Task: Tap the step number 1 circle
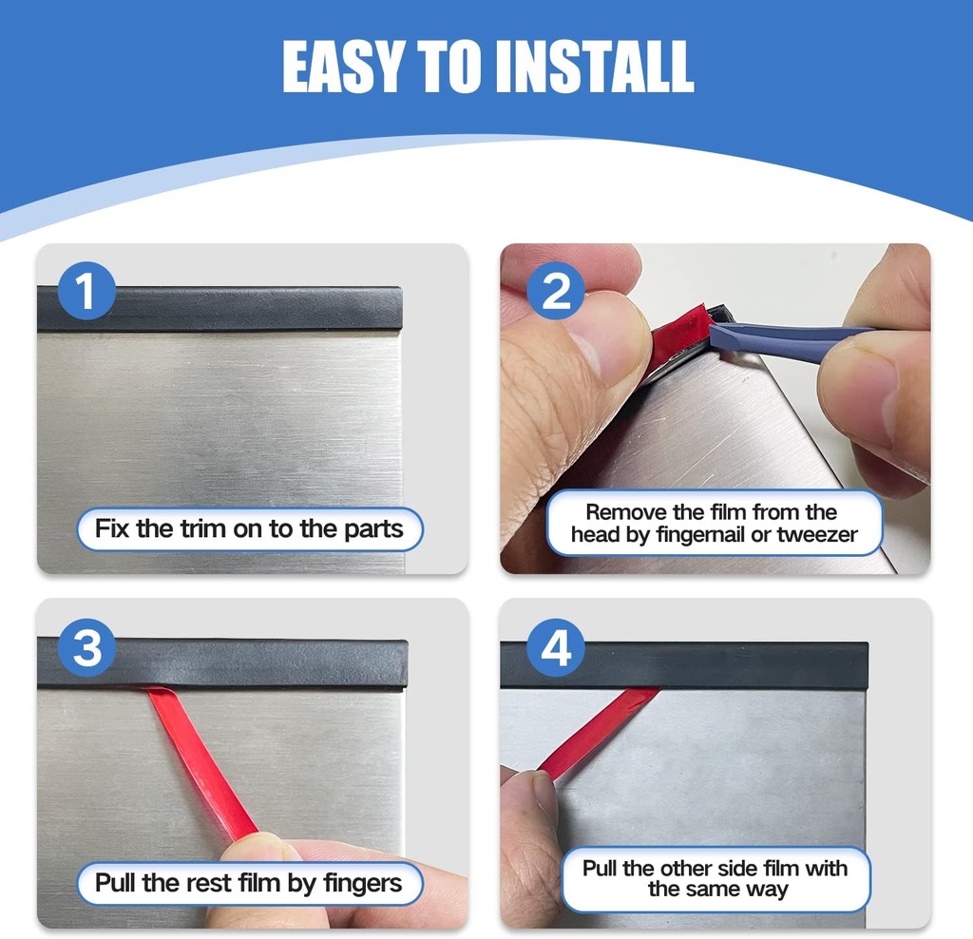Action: (86, 292)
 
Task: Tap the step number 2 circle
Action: (556, 292)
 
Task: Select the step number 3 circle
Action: (86, 649)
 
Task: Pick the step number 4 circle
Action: (556, 649)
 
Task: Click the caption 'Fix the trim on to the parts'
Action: (249, 528)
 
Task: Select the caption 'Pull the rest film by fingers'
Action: (249, 883)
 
